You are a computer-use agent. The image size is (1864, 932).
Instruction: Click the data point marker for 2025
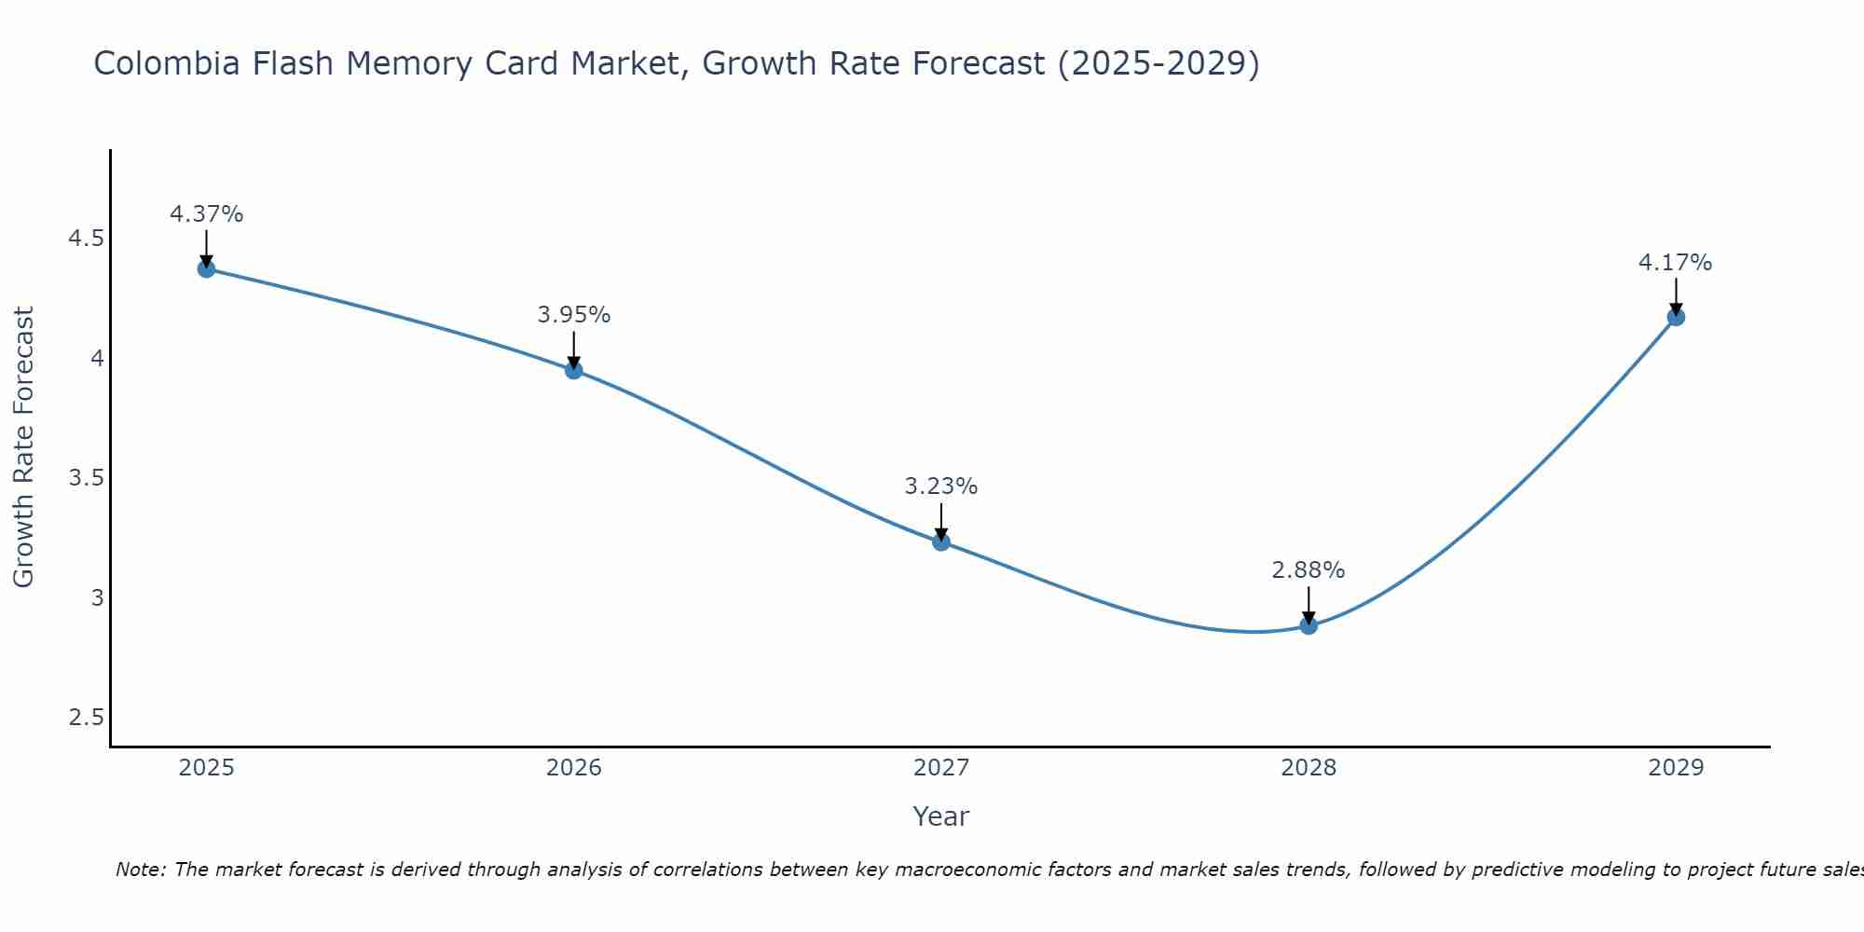click(x=206, y=269)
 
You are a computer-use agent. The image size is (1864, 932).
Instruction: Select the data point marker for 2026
click(x=574, y=370)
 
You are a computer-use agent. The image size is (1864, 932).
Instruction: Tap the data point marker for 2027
click(x=941, y=541)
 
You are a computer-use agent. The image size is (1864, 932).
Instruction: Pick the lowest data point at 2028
click(x=1309, y=625)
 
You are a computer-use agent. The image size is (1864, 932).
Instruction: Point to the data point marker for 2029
click(x=1676, y=317)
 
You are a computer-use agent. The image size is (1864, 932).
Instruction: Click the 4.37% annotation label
click(x=206, y=214)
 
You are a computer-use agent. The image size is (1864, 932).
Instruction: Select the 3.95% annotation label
click(x=574, y=315)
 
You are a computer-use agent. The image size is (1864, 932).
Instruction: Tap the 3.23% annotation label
click(x=941, y=487)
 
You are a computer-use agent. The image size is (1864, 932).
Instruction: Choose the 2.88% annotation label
click(x=1309, y=570)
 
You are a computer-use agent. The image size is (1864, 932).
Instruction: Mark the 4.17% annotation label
click(x=1676, y=263)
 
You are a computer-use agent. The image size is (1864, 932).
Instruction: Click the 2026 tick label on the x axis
click(x=574, y=768)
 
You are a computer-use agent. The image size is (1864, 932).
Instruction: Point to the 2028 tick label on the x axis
click(x=1309, y=768)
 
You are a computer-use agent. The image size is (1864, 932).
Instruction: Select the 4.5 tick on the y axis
click(x=86, y=240)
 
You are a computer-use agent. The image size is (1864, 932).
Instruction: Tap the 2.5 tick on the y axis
click(x=86, y=718)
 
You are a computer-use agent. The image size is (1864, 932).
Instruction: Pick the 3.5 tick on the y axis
click(x=86, y=479)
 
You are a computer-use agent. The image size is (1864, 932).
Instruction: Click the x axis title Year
click(x=941, y=816)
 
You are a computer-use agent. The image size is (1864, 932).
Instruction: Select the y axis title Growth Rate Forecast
click(x=23, y=447)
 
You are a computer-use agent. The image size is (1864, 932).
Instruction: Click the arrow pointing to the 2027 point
click(x=941, y=522)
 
